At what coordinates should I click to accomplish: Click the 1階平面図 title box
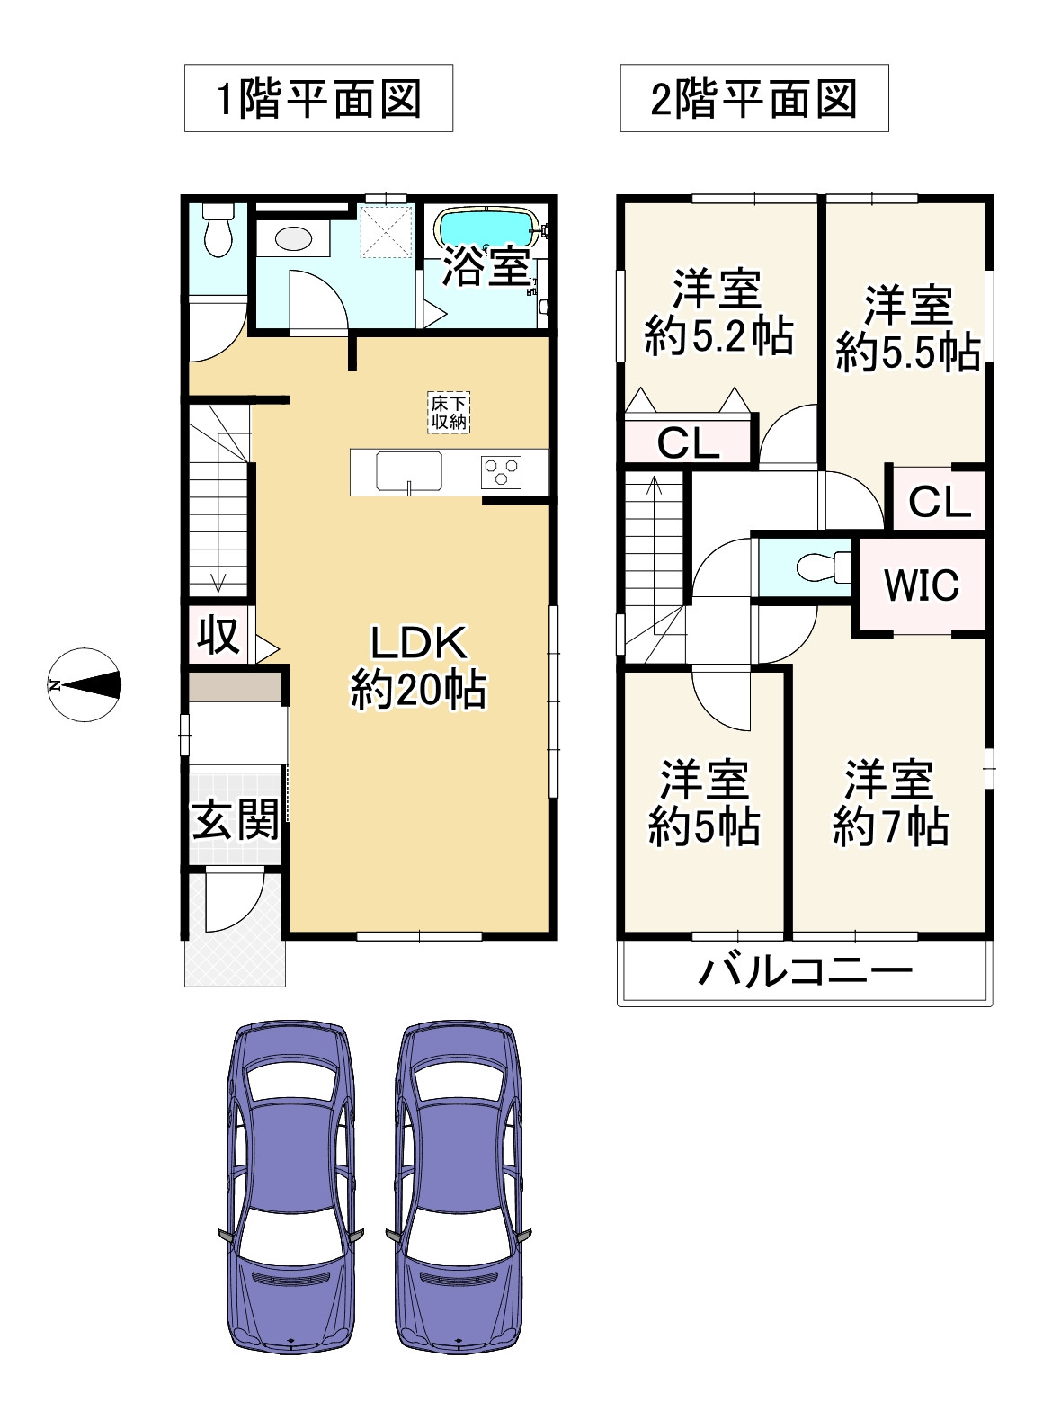[318, 98]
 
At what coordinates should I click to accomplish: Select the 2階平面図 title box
[753, 98]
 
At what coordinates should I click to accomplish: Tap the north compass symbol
[85, 685]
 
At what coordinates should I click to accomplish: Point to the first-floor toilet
[218, 230]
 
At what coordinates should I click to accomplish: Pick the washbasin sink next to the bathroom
[292, 239]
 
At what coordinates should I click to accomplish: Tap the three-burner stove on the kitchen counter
[501, 472]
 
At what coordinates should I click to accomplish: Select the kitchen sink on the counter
[409, 471]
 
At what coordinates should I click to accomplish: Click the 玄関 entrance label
[235, 819]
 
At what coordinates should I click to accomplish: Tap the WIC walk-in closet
[922, 585]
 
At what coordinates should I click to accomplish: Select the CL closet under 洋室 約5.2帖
[688, 442]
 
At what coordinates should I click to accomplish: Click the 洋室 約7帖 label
[889, 803]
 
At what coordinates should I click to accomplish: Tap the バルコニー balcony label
[806, 971]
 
